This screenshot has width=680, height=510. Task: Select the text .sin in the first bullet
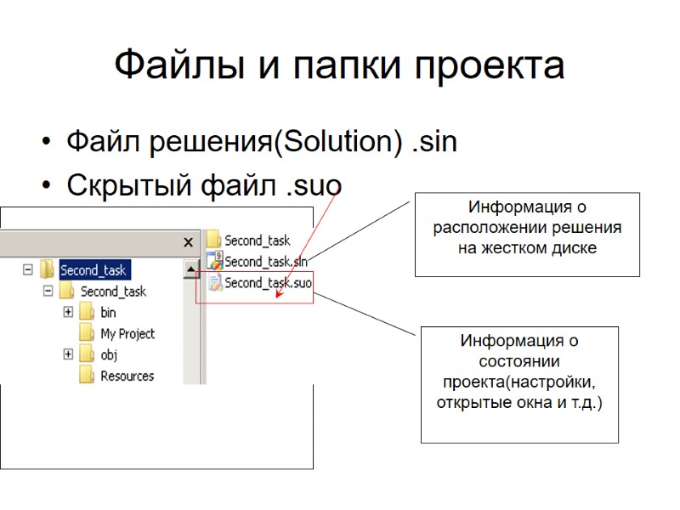click(433, 142)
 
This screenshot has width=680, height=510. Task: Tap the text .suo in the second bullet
click(314, 184)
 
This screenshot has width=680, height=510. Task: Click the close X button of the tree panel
click(189, 242)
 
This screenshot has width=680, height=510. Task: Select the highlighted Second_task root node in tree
click(93, 270)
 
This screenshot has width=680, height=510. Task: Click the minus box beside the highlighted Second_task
click(28, 270)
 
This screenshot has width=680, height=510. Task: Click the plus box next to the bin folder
click(68, 312)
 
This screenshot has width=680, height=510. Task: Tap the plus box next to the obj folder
click(68, 354)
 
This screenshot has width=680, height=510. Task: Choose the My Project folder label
click(127, 333)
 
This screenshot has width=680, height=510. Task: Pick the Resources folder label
click(127, 376)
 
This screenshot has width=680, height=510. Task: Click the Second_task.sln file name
click(265, 262)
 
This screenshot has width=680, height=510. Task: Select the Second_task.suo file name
click(267, 283)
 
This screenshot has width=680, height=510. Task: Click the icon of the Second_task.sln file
click(214, 262)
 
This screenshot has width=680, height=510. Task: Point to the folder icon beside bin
click(86, 312)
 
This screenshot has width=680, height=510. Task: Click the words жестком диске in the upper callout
click(527, 248)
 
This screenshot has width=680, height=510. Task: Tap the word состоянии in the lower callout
click(519, 361)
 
